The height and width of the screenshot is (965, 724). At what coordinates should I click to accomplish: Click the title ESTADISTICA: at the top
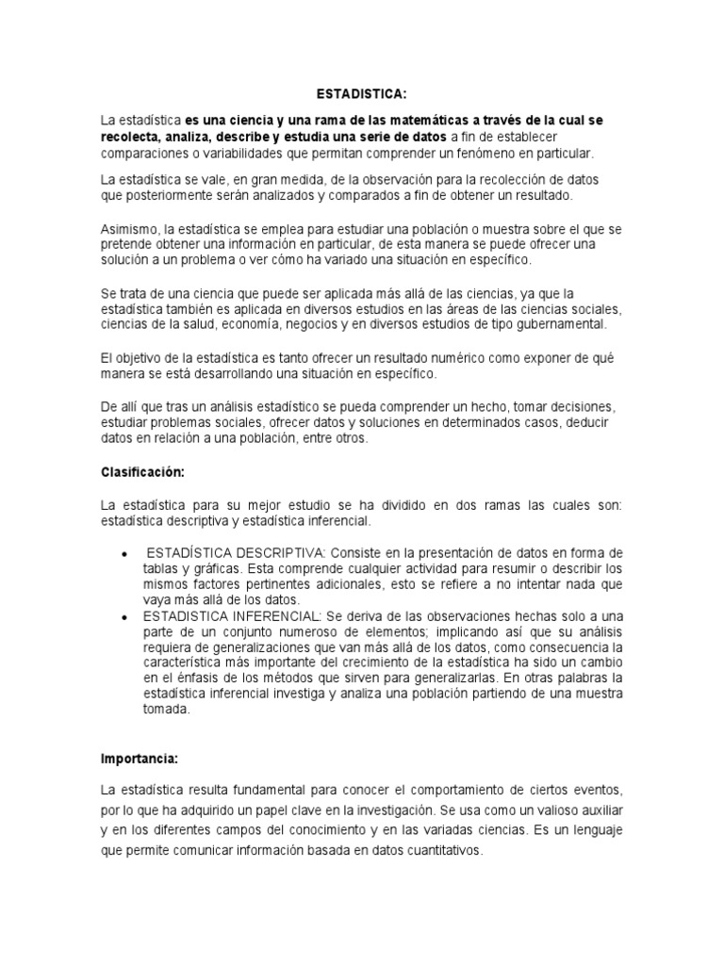click(361, 95)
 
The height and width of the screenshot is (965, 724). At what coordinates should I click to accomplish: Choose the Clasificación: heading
click(140, 471)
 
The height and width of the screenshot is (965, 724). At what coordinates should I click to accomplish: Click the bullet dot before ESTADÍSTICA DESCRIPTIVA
click(125, 553)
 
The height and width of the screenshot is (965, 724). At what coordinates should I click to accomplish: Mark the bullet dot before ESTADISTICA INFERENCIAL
click(125, 615)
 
